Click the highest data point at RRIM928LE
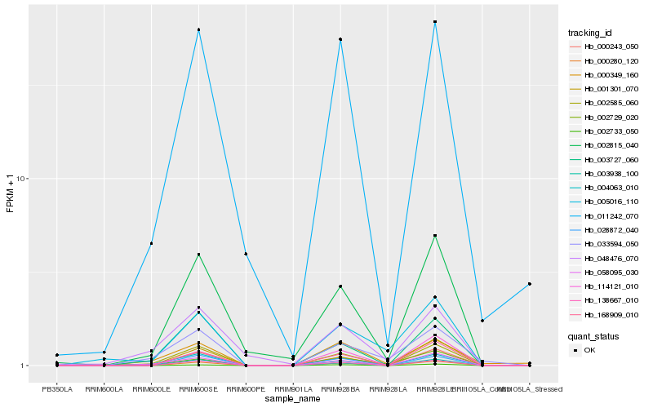[435, 22]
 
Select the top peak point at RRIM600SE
[198, 30]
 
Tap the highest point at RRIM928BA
[340, 39]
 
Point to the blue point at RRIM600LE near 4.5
[151, 243]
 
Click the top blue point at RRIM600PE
[246, 254]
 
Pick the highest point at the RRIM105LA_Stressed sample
[530, 284]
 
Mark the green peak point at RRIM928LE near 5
[435, 236]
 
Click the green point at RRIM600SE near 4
[198, 255]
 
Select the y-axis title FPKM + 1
[11, 194]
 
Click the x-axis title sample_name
[293, 398]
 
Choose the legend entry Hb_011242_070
[606, 217]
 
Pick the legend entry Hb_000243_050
[606, 47]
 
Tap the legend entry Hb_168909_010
[606, 315]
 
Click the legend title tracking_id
[589, 33]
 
